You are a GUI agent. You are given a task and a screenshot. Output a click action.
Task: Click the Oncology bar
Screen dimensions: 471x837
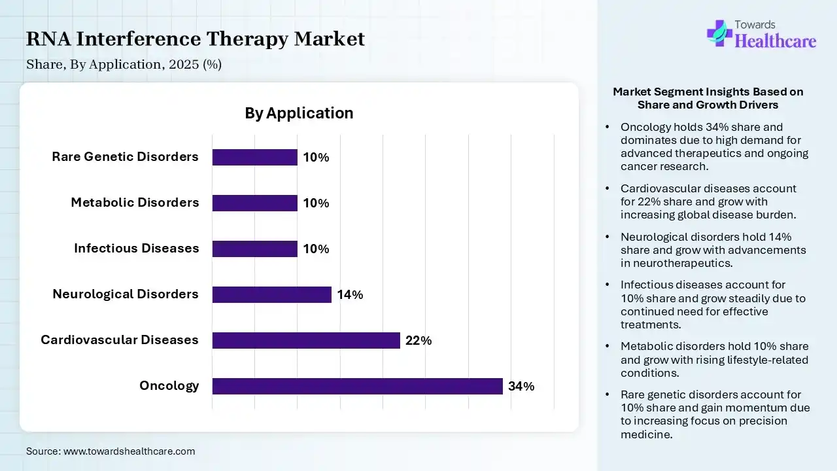coord(357,386)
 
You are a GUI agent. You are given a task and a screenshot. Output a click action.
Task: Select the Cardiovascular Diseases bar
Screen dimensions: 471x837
coord(306,340)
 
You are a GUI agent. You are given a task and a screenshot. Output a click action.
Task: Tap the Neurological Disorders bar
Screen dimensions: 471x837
coord(272,294)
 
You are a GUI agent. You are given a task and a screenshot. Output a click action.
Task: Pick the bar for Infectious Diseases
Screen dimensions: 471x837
coord(255,249)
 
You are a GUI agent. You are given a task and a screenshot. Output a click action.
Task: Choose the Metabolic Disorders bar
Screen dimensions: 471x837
coord(255,203)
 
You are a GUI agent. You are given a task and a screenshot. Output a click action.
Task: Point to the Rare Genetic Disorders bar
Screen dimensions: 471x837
coord(255,157)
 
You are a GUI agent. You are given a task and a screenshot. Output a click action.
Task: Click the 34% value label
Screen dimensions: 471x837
coord(521,387)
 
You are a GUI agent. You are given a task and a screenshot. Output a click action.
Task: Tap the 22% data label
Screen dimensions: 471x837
coord(418,341)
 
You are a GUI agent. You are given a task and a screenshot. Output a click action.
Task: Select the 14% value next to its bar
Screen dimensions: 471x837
coord(350,295)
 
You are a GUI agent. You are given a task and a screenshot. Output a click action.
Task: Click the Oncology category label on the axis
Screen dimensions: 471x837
coord(169,385)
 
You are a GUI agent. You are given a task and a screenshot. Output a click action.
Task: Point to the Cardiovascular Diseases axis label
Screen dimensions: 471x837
coord(119,340)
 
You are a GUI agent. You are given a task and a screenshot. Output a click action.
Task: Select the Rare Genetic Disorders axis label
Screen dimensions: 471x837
coord(125,156)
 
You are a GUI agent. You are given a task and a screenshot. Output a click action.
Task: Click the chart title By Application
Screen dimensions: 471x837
coord(299,113)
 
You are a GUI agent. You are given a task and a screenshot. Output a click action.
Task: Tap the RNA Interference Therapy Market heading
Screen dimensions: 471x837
coord(196,39)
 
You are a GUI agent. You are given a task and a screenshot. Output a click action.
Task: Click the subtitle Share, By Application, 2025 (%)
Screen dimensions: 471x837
coord(124,65)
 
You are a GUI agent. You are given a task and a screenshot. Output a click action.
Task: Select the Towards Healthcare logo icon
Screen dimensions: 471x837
coord(719,33)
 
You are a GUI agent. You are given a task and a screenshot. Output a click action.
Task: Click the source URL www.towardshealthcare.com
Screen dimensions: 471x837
coord(129,451)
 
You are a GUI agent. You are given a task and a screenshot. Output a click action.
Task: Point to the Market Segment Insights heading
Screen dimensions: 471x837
coord(708,98)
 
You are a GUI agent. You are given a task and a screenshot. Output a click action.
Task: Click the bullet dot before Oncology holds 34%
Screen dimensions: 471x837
coord(608,127)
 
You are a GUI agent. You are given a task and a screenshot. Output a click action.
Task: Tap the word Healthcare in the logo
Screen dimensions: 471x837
coord(776,41)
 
